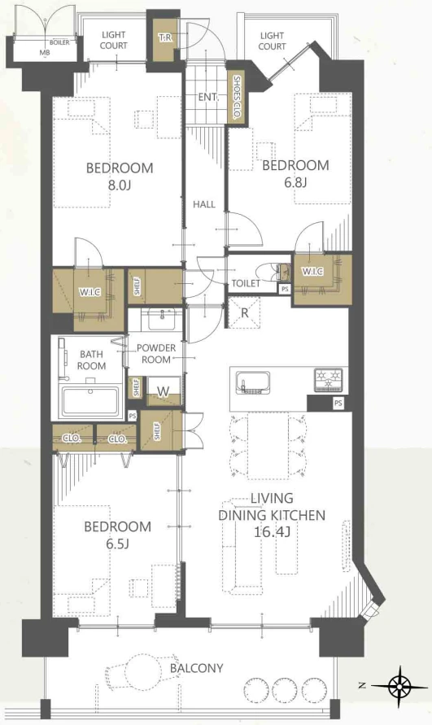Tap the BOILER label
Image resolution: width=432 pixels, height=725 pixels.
[x=59, y=42]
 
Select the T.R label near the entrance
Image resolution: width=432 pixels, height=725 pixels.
[x=165, y=38]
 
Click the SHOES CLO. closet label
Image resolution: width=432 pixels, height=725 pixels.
[x=237, y=98]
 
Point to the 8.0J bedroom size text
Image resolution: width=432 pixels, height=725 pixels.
[x=120, y=186]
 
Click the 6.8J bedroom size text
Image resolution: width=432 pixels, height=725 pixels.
[x=295, y=182]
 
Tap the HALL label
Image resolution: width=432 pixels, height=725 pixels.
[x=204, y=204]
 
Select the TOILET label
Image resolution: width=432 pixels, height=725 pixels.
[x=246, y=283]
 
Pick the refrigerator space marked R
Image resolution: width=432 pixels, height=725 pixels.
[x=244, y=312]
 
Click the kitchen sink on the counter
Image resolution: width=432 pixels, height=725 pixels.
[x=252, y=382]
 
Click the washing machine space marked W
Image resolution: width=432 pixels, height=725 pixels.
[x=163, y=391]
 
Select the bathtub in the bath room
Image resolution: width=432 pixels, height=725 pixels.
[x=90, y=401]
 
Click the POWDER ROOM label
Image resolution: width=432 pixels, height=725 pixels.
[x=156, y=354]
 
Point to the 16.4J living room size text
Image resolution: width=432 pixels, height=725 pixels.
[x=272, y=532]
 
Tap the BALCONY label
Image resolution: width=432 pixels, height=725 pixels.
[x=197, y=668]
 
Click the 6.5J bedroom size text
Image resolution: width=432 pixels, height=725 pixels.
[x=117, y=544]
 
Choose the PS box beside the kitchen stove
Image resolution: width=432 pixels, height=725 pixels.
[x=338, y=404]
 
